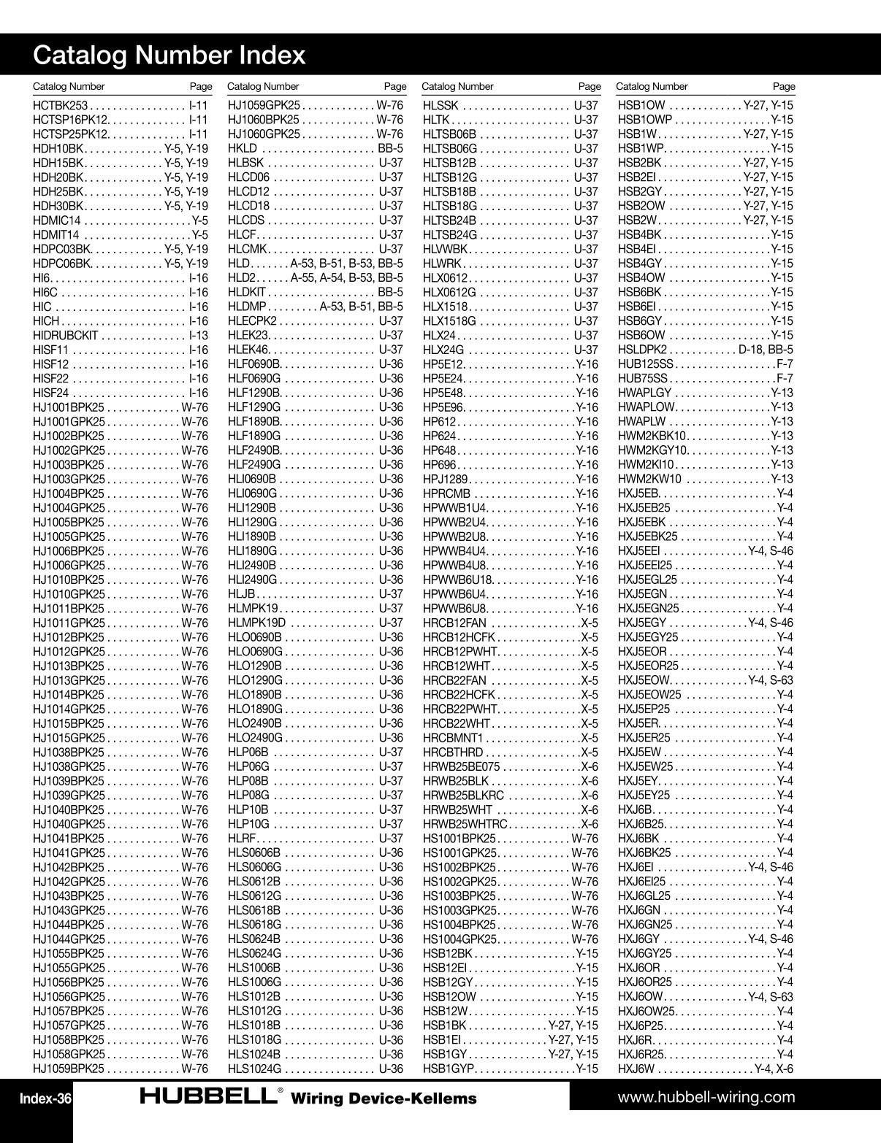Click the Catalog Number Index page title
[169, 55]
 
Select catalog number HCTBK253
[61, 105]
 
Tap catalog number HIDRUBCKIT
[66, 336]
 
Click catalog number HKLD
[243, 148]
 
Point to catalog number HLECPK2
[253, 321]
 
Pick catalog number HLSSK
[441, 105]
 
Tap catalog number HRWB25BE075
[462, 767]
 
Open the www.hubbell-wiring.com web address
[706, 1097]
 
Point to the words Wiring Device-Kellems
[384, 1099]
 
